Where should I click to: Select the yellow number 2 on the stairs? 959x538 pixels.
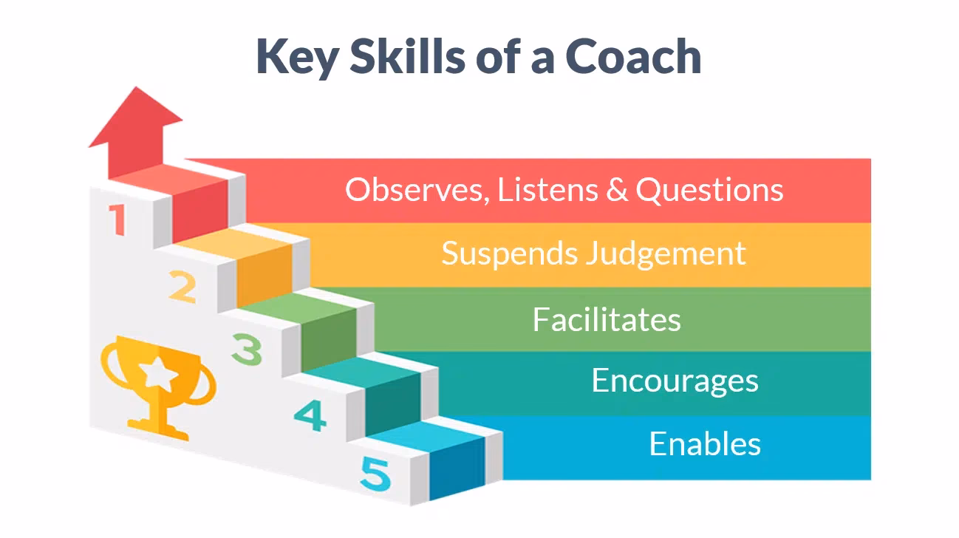[x=182, y=288]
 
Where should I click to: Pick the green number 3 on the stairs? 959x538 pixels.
[x=246, y=349]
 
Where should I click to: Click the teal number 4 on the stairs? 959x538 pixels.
[x=310, y=416]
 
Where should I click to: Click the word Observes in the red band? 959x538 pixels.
[x=416, y=191]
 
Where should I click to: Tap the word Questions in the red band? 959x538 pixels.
[x=709, y=191]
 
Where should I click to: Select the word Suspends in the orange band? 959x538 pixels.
[x=508, y=253]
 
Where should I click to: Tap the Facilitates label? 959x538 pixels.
[x=607, y=319]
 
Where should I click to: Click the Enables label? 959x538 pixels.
[x=705, y=444]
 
